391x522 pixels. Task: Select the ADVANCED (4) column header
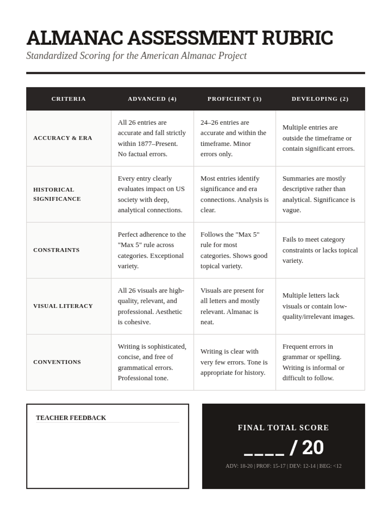(x=152, y=99)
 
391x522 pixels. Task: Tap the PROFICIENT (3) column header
(x=235, y=99)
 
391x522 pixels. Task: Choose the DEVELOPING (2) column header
(x=320, y=99)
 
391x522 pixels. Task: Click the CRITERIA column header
(x=68, y=99)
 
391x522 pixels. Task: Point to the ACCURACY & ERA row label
(x=63, y=138)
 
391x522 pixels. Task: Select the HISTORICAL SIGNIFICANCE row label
(x=57, y=194)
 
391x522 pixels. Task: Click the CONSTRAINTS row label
(x=56, y=250)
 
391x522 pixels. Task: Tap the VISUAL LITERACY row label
(x=63, y=306)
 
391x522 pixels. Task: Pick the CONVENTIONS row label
(x=57, y=362)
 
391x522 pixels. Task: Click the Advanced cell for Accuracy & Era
(x=152, y=138)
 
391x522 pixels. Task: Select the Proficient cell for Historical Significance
(x=234, y=194)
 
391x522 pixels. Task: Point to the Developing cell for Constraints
(x=320, y=250)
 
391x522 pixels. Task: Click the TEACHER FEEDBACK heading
(x=71, y=418)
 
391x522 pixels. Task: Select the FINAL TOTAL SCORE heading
(x=283, y=428)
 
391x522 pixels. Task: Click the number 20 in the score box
(x=313, y=448)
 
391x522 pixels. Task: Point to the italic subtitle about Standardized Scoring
(x=136, y=56)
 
